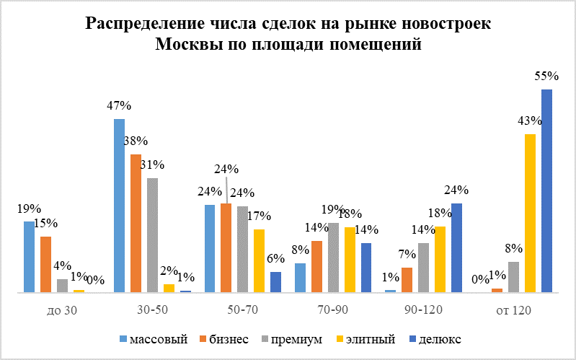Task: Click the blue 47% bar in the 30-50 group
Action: (119, 206)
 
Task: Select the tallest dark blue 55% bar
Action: (546, 191)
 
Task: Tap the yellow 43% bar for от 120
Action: (530, 214)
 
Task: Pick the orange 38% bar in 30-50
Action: (136, 223)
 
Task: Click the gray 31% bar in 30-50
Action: (152, 235)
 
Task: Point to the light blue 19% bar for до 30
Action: (29, 257)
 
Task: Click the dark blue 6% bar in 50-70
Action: (275, 282)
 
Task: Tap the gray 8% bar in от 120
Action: (513, 277)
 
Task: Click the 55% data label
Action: (546, 76)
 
